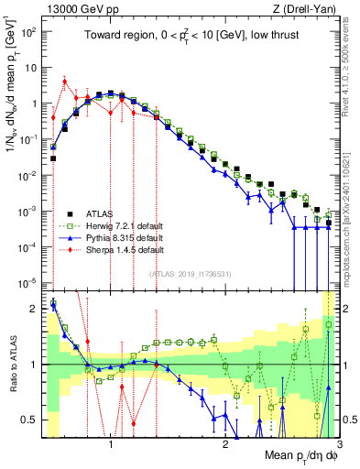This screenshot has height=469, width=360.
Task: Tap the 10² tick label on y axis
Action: tap(30, 31)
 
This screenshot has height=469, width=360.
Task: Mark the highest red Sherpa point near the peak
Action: tap(64, 81)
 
